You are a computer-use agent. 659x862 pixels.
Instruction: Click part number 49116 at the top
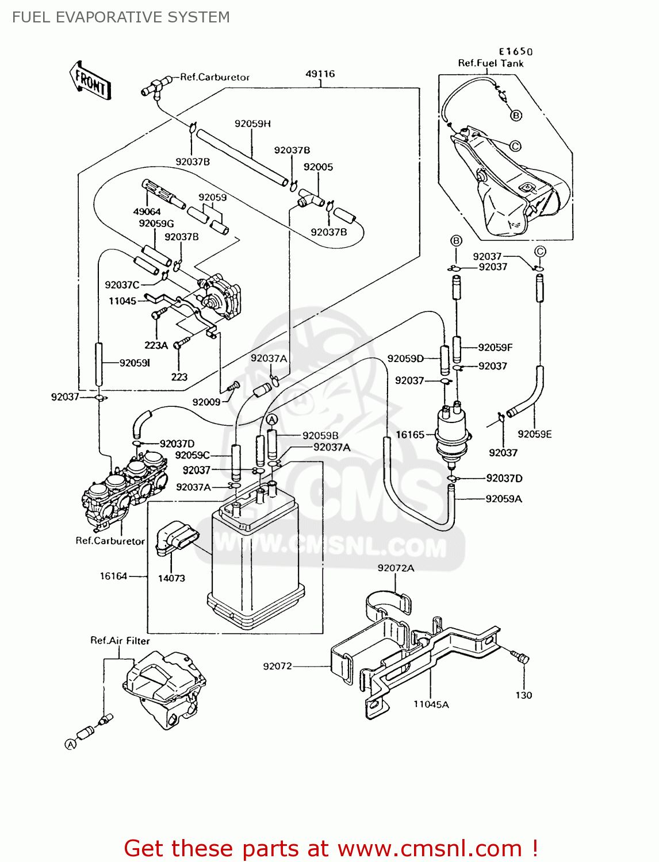(320, 74)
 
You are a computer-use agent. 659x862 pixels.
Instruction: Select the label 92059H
(252, 124)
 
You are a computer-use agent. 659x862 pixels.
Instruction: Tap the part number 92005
(318, 167)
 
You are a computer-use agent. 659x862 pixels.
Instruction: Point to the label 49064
(147, 211)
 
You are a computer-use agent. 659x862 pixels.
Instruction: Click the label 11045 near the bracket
(122, 301)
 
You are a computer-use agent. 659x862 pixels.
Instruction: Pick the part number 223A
(156, 345)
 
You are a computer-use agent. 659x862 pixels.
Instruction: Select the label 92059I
(135, 363)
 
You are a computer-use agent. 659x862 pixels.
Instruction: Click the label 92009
(206, 402)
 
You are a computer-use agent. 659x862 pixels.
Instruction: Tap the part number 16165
(410, 435)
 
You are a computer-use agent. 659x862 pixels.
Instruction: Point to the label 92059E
(534, 434)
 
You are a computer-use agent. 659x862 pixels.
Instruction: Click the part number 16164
(113, 576)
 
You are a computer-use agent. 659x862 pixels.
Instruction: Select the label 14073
(171, 578)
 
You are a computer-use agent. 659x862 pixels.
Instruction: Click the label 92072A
(396, 568)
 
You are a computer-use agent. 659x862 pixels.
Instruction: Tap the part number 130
(523, 695)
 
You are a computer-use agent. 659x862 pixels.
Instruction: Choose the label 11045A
(431, 705)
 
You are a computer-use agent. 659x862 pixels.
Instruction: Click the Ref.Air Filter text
(120, 641)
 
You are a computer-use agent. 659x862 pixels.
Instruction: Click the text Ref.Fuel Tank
(491, 63)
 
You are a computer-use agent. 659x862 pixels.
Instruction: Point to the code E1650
(515, 52)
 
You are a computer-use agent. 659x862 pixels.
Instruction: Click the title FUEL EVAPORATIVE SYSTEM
(121, 17)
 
